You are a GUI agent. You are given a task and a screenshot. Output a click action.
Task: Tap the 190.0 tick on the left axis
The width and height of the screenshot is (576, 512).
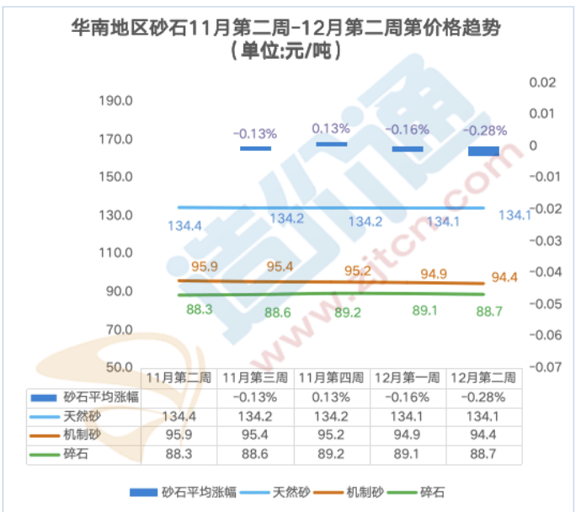point(117,101)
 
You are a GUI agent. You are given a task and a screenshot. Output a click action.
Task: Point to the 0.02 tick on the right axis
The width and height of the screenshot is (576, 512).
point(542,82)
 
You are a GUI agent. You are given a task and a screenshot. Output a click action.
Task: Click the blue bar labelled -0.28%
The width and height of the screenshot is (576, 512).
point(483,151)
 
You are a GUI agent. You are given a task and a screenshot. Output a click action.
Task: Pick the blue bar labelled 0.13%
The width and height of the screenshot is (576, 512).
point(331,144)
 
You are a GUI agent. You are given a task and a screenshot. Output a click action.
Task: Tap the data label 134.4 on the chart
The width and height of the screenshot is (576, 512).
point(184,226)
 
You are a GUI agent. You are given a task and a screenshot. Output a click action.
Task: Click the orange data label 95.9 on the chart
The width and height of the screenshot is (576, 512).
point(205,266)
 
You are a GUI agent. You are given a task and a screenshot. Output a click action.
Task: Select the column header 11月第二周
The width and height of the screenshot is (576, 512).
point(179,377)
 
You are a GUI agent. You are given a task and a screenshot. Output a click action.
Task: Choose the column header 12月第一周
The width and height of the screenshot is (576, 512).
point(405,377)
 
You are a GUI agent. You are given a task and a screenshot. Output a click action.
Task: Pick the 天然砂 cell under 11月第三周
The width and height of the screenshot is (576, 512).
point(255,417)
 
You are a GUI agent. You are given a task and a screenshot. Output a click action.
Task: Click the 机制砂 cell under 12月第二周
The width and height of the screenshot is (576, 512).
point(483,436)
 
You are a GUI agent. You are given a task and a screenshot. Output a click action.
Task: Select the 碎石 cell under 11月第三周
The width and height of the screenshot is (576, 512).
point(255,456)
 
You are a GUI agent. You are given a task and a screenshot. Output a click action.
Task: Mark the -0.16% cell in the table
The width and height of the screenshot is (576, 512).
point(405,397)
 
